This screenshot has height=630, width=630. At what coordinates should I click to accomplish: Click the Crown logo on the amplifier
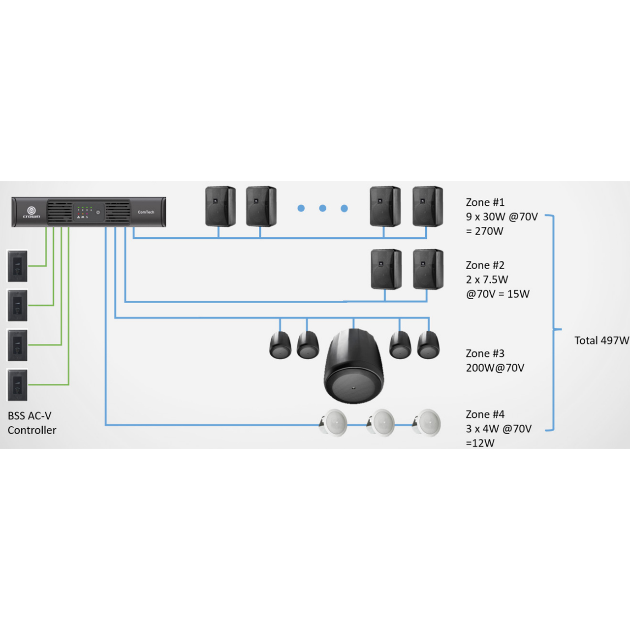pyautogui.click(x=31, y=213)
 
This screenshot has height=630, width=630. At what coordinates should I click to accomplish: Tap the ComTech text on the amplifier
pyautogui.click(x=146, y=212)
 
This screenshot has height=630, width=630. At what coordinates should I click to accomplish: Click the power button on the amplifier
pyautogui.click(x=98, y=212)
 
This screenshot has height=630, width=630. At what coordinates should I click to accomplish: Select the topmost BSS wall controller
pyautogui.click(x=17, y=266)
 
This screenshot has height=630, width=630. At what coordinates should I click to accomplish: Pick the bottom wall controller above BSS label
pyautogui.click(x=17, y=385)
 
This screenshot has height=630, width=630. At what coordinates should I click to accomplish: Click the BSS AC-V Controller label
pyautogui.click(x=31, y=423)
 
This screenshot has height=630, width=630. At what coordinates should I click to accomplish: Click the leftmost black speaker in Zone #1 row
pyautogui.click(x=220, y=206)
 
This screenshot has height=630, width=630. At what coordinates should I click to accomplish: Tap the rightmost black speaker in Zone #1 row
pyautogui.click(x=427, y=206)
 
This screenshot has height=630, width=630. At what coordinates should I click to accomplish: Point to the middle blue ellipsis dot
pyautogui.click(x=322, y=208)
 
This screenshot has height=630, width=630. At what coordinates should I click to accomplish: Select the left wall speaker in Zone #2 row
pyautogui.click(x=386, y=269)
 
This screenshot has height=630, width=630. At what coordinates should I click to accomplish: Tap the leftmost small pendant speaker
pyautogui.click(x=280, y=345)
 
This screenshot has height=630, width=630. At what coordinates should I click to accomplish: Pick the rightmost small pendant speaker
pyautogui.click(x=428, y=345)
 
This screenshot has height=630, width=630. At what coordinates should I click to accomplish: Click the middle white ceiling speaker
pyautogui.click(x=381, y=422)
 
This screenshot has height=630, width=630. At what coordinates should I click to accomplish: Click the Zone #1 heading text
pyautogui.click(x=485, y=202)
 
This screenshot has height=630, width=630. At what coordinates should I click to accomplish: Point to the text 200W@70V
pyautogui.click(x=495, y=368)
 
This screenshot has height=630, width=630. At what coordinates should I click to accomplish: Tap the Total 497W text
pyautogui.click(x=601, y=341)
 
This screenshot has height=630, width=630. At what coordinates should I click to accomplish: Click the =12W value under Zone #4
pyautogui.click(x=480, y=443)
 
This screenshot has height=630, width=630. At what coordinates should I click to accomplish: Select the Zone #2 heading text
pyautogui.click(x=485, y=265)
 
